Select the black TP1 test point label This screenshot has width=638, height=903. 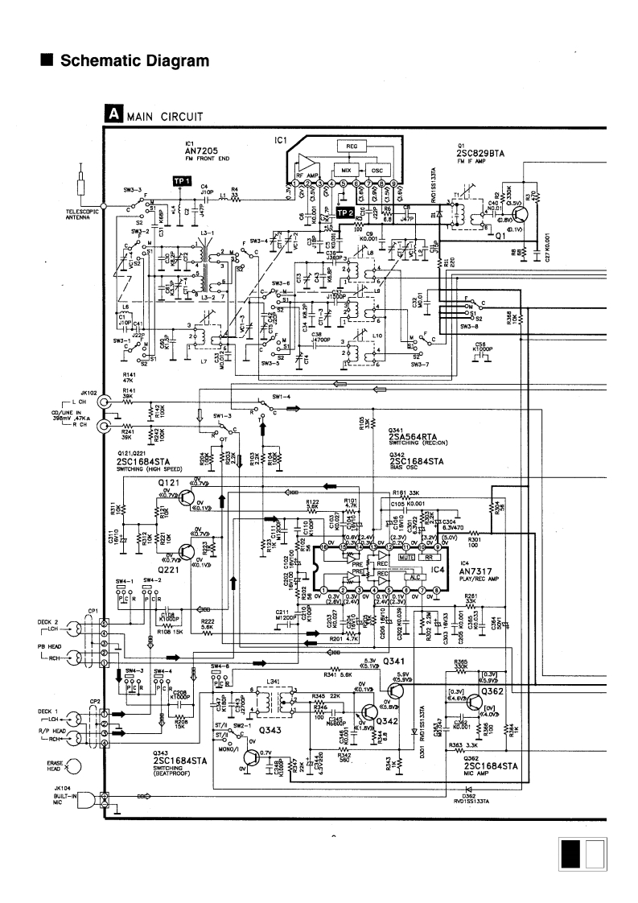182,181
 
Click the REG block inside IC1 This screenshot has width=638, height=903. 352,146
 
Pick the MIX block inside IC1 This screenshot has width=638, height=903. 346,171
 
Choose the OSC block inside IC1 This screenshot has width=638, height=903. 377,171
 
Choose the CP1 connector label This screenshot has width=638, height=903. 93,611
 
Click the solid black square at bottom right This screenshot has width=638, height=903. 570,853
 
